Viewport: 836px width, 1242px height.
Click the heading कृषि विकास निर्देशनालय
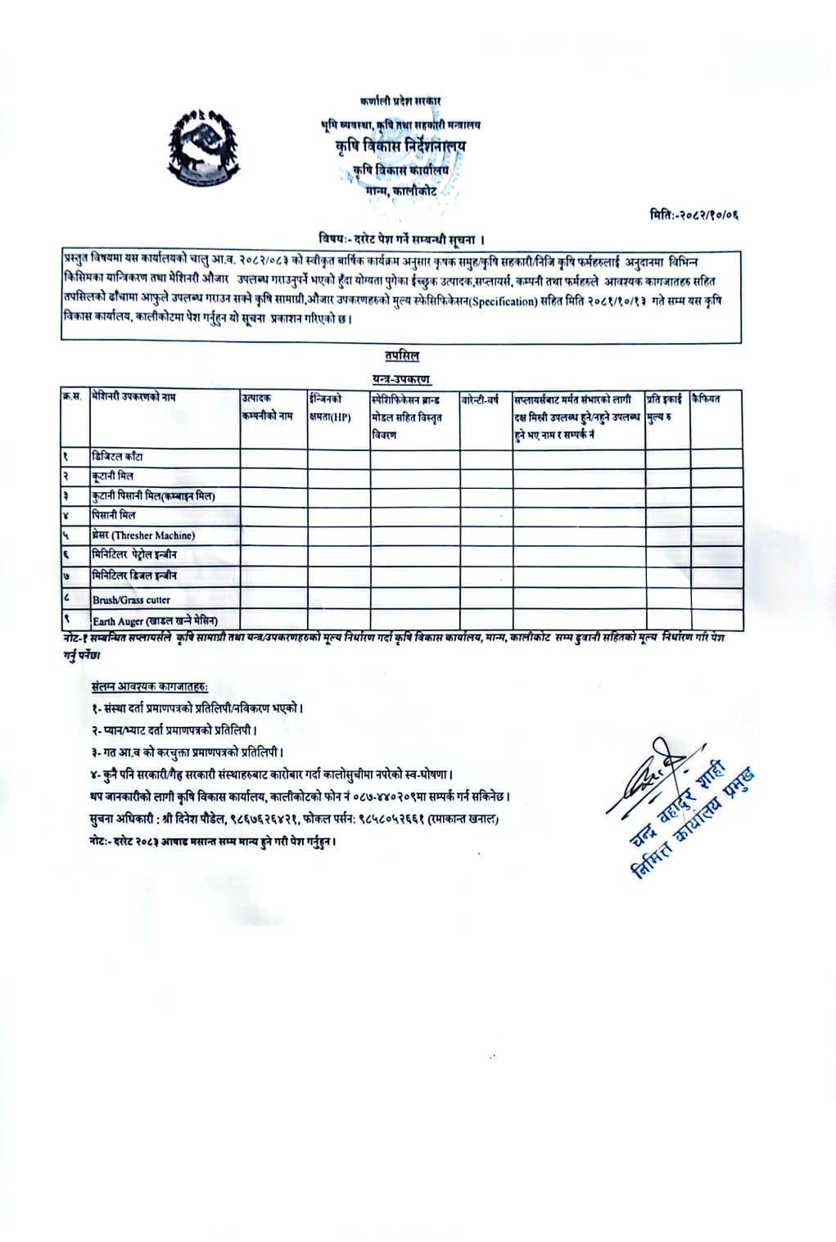pyautogui.click(x=400, y=147)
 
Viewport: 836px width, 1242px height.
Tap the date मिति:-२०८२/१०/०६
pyautogui.click(x=698, y=215)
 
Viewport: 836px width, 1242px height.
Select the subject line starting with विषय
pyautogui.click(x=401, y=239)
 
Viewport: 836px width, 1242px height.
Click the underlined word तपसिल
pyautogui.click(x=401, y=356)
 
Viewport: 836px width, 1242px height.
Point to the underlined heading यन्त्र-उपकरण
pyautogui.click(x=401, y=378)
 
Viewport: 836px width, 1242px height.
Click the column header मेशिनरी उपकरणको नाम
pyautogui.click(x=134, y=398)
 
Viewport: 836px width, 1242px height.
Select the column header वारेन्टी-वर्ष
pyautogui.click(x=481, y=400)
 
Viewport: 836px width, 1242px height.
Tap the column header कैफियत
pyautogui.click(x=706, y=399)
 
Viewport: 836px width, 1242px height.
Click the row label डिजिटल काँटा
pyautogui.click(x=118, y=457)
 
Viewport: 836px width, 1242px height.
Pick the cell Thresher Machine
pyautogui.click(x=143, y=535)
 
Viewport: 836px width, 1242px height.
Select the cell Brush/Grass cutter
pyautogui.click(x=131, y=599)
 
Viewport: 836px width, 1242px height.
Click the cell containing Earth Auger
pyautogui.click(x=155, y=621)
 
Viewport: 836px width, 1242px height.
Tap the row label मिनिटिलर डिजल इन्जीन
pyautogui.click(x=134, y=576)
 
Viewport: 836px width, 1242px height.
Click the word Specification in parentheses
pyautogui.click(x=499, y=301)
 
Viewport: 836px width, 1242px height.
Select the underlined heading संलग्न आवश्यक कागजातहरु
pyautogui.click(x=150, y=686)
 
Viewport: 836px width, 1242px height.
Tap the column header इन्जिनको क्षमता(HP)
pyautogui.click(x=331, y=408)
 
